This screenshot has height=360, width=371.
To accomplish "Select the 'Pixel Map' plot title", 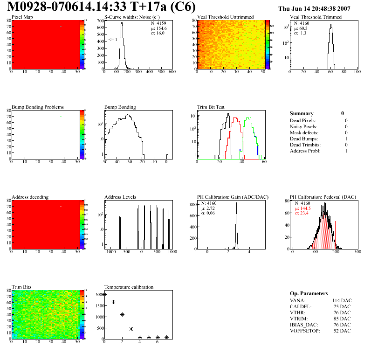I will pos(22,17).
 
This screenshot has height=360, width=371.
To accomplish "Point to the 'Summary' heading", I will pos(302,113).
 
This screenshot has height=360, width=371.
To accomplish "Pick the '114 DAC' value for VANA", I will pos(341,300).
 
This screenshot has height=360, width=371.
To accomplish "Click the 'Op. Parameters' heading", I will pos(309,293).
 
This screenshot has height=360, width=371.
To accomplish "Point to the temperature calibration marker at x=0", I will pos(105,294).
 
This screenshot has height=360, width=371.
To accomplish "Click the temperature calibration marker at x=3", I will pos(131,329).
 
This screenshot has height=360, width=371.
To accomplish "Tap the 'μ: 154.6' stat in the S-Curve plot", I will pos(158,28).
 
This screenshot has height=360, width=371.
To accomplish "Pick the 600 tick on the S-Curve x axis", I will pos(172,72).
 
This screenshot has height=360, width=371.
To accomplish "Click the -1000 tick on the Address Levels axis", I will pos(110,252).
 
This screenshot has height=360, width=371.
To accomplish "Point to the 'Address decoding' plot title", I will pos(30,197).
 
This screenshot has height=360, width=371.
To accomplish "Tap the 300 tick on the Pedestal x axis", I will pos(357,252).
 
